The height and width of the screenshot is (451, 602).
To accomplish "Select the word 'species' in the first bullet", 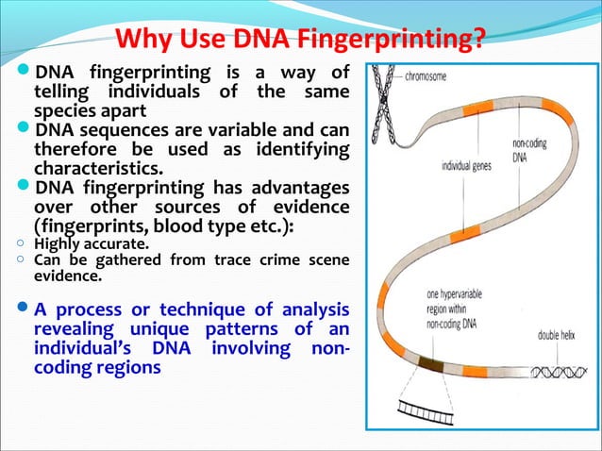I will pos(63,109).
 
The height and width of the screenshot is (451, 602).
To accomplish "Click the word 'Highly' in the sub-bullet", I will pos(56,242).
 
